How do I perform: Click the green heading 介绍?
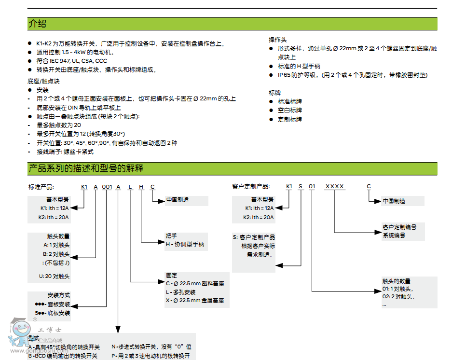pos(38,24)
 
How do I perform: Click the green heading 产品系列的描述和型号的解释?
pos(86,168)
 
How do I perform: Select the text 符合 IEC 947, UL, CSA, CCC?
pos(71,61)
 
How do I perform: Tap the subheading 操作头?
pos(277,40)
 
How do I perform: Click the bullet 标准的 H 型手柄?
pos(299,66)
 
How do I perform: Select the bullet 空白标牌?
pos(289,110)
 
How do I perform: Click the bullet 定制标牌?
pos(289,119)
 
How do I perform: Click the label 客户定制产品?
pos(251,187)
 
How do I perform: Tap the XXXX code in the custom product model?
pos(335,187)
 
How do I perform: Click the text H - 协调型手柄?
pos(185,244)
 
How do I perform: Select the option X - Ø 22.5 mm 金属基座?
pos(195,300)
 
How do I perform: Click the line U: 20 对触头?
pos(55,277)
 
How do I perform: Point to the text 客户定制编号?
pos(399,227)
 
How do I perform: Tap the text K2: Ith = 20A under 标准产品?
pos(55,217)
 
